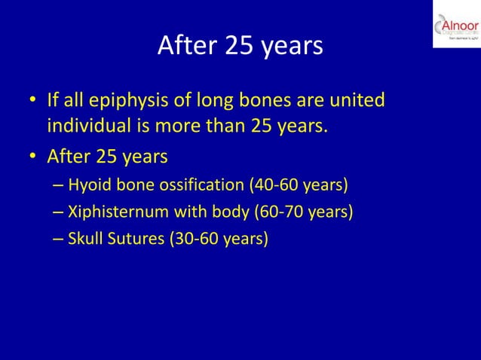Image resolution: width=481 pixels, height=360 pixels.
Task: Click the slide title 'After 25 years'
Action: [240, 46]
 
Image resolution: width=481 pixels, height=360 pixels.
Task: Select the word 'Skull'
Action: [86, 238]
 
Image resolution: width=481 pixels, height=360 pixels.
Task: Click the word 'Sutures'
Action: [136, 238]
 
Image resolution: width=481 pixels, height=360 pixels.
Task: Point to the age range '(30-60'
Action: [193, 238]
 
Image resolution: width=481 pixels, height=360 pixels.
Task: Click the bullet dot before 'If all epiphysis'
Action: [33, 101]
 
